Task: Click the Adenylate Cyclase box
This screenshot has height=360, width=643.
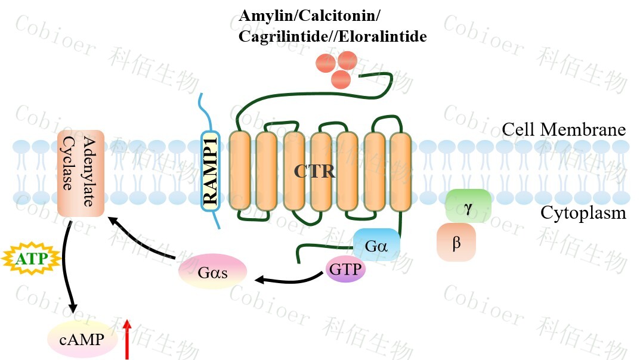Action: tap(81, 173)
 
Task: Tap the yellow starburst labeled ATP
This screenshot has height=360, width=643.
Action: tap(32, 259)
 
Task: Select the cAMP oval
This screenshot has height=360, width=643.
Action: tap(80, 340)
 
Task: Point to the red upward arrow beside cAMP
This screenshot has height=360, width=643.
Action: tap(127, 340)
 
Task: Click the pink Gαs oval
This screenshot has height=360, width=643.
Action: tap(213, 272)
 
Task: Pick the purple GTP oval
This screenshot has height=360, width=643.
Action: tap(345, 270)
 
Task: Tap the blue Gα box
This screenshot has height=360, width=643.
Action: tap(376, 245)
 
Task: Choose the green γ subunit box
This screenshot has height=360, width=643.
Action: tap(468, 206)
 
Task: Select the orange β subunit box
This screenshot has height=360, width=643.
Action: tap(456, 243)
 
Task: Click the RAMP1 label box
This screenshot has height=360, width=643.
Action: tap(211, 173)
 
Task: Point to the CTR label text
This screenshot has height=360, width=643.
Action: tap(314, 172)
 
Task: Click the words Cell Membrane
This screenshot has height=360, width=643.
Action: tap(563, 130)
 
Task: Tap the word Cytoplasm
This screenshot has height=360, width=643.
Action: tap(583, 213)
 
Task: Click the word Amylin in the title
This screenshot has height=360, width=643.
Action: tap(261, 15)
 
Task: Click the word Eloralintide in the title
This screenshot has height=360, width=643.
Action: tap(391, 36)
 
